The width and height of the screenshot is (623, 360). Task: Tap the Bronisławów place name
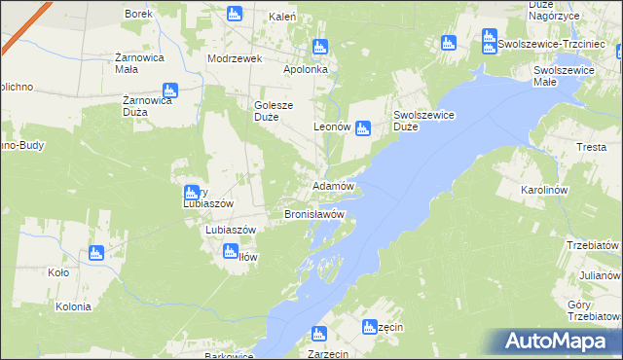[x=314, y=213]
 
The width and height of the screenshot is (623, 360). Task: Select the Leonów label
[x=331, y=127]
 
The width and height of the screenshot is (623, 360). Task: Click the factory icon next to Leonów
[x=363, y=126]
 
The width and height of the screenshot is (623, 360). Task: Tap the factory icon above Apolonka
[x=321, y=47]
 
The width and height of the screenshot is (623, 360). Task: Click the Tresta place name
[x=592, y=147]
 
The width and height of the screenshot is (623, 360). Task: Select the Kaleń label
[x=283, y=18]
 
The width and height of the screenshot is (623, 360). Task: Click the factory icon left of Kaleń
[x=234, y=14]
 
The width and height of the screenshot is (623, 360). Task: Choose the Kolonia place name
[x=73, y=306]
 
